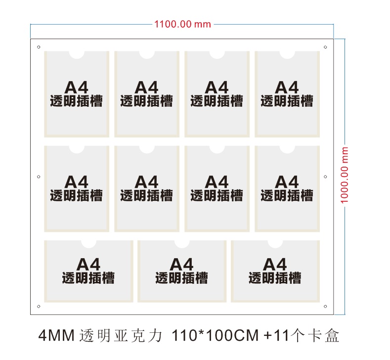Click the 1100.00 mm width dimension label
click(182, 24)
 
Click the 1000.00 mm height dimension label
click(344, 175)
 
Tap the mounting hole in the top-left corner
click(39, 47)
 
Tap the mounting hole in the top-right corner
click(325, 47)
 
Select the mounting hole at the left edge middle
click(39, 177)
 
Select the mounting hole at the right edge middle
click(325, 177)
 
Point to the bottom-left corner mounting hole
click(39, 306)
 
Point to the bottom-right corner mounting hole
click(325, 306)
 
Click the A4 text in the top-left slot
click(76, 88)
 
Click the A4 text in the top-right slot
click(287, 88)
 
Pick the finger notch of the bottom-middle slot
click(182, 244)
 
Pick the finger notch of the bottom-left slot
click(88, 244)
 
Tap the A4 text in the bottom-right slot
click(275, 264)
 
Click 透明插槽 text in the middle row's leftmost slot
click(76, 195)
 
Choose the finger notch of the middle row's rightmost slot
click(287, 149)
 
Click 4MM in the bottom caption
click(56, 335)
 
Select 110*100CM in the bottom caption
click(215, 335)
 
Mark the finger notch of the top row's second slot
click(147, 55)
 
